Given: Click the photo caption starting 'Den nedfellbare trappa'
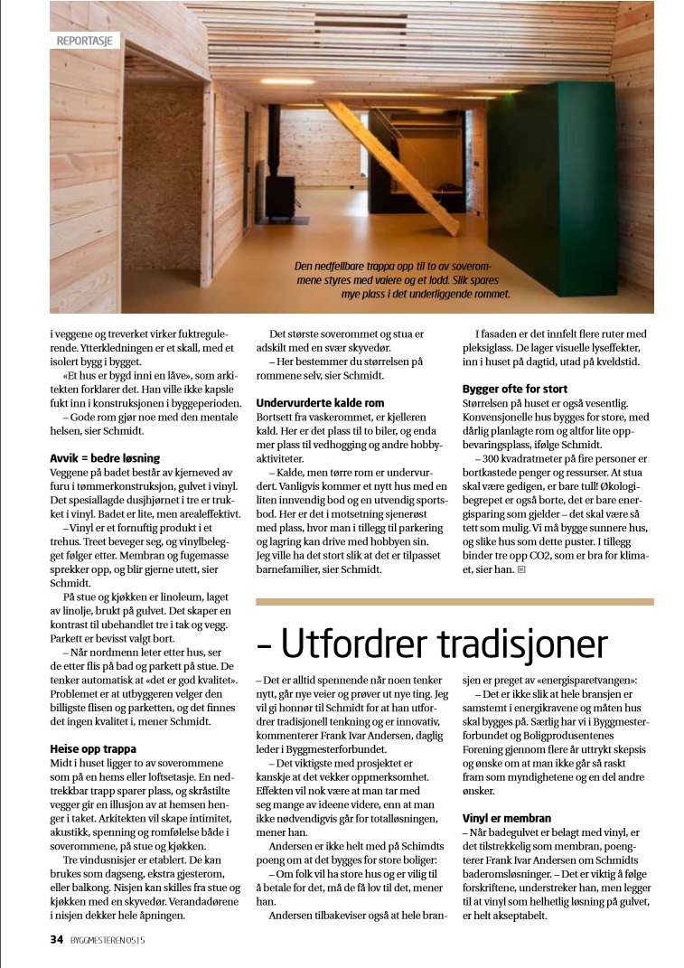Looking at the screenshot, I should (x=403, y=280).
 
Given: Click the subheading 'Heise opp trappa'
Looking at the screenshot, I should (x=93, y=748).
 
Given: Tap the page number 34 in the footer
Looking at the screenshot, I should (x=57, y=939).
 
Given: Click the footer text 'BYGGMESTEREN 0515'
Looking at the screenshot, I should (x=108, y=939).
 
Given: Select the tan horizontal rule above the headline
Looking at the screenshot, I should (x=454, y=601).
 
